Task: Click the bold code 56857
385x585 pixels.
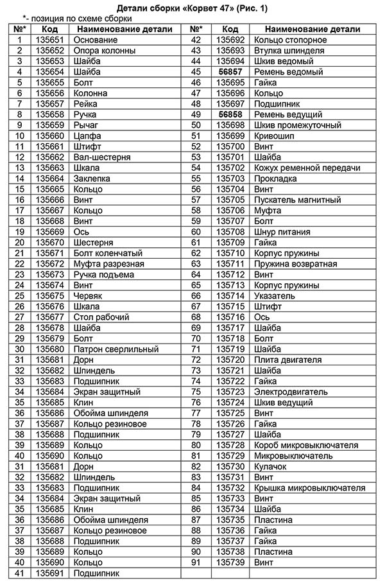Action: pos(230,72)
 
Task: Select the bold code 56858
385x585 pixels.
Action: pos(230,114)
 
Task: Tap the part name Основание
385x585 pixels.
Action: pos(96,40)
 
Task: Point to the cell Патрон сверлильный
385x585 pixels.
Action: pos(116,349)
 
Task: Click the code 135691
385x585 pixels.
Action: pos(50,573)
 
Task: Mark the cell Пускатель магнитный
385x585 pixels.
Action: pos(297,200)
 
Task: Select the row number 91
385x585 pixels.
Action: pos(196,563)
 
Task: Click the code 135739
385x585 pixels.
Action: pos(230,563)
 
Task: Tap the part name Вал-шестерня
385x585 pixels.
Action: pos(102,157)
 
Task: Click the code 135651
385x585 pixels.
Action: pos(50,40)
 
